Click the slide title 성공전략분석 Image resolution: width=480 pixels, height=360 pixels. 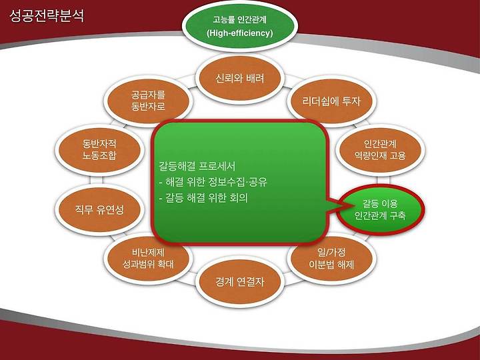[x=47, y=16]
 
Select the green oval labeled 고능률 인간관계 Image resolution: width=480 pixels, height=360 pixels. [x=240, y=26]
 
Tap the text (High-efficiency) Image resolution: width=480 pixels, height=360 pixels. [x=240, y=33]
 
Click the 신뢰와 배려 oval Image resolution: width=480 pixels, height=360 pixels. [x=240, y=79]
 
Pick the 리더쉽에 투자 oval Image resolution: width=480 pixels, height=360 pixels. [x=331, y=101]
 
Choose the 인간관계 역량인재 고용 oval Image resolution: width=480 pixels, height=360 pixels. [x=380, y=150]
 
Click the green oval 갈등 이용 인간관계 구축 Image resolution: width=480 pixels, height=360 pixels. [x=381, y=210]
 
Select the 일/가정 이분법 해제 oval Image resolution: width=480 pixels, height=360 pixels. [x=331, y=258]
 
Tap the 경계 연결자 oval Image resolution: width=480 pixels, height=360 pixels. [x=240, y=282]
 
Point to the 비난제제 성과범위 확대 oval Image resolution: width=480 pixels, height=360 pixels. [x=148, y=258]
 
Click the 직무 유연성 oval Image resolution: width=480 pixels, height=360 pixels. [x=99, y=210]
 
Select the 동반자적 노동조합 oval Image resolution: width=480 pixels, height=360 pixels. [x=99, y=150]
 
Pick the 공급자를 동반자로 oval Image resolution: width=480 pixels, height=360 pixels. [x=148, y=101]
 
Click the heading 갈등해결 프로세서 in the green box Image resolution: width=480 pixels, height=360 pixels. [x=197, y=166]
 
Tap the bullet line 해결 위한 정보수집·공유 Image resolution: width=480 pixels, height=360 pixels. [x=213, y=182]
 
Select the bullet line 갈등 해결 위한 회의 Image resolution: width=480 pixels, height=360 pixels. [x=203, y=198]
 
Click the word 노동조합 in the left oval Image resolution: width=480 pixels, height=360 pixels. [x=99, y=156]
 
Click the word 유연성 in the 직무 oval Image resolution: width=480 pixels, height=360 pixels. [x=110, y=210]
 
